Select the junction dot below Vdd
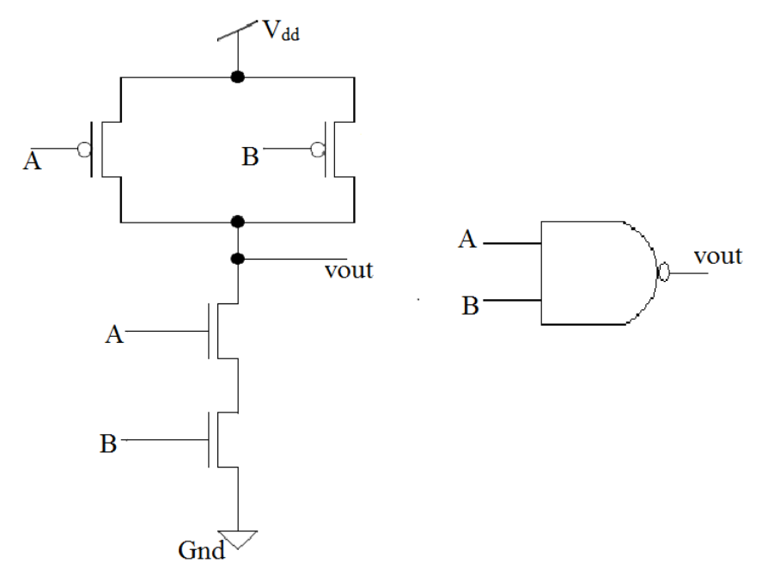point(237,76)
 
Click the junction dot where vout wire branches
point(237,257)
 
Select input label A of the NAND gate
point(467,240)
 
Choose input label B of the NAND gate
point(469,305)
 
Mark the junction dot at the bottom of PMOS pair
point(237,222)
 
